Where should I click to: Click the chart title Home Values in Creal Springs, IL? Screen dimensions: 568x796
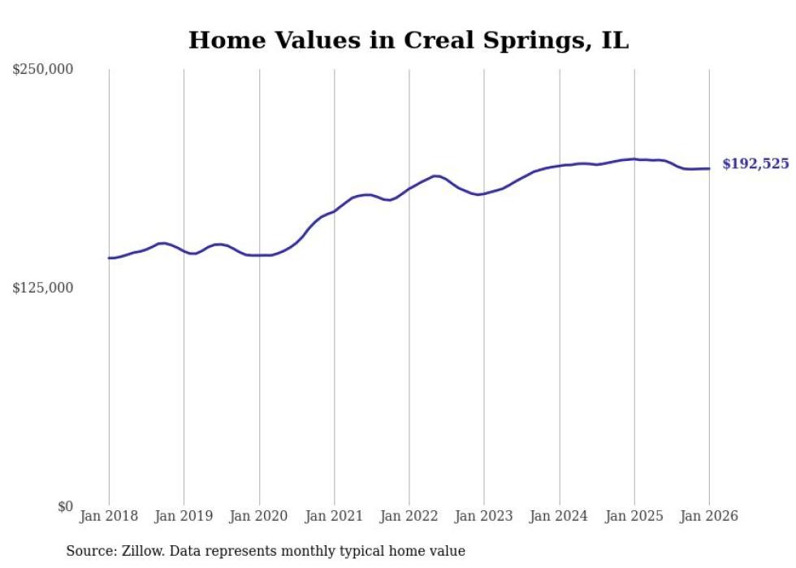point(408,40)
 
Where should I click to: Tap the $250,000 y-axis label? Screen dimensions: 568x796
point(42,70)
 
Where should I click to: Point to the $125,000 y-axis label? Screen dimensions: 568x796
point(42,288)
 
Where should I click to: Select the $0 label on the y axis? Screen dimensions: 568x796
point(65,506)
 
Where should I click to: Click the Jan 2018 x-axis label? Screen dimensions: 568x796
point(109,516)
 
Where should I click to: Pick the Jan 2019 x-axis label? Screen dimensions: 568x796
point(184,516)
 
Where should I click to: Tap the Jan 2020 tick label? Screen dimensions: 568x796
point(259,516)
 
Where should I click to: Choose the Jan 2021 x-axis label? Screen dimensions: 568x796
point(334,516)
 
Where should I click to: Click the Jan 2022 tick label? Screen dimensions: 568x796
point(409,516)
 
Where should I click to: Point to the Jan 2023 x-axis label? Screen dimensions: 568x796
point(484,516)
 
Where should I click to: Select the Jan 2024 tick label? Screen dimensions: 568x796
point(559,516)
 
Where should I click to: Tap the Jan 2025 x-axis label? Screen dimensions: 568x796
point(634,516)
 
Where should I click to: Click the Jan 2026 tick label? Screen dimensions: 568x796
point(709,516)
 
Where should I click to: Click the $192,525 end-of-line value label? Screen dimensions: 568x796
point(755,164)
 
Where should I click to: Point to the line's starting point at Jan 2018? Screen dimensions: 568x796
point(109,258)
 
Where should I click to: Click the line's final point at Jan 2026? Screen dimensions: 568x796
point(709,168)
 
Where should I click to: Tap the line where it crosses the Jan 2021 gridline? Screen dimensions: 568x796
point(334,211)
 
